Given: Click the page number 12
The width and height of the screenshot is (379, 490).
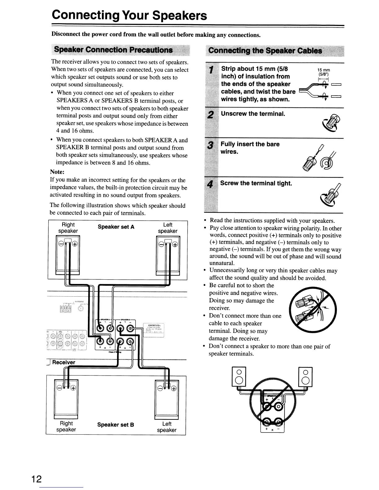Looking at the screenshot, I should point(36,479).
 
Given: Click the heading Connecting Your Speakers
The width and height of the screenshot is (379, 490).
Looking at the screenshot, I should point(129,15).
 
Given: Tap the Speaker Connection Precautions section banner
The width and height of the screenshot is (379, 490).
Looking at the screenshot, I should point(113,50).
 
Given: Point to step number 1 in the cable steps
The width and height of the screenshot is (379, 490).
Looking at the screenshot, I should point(211,71).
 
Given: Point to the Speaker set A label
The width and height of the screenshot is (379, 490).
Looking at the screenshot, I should point(116,227).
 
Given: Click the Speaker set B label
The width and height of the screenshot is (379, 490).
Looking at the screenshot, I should point(115,425).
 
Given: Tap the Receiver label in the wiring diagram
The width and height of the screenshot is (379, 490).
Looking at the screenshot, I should point(63,362).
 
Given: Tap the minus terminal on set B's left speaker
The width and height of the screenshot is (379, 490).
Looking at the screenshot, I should point(160,389).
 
